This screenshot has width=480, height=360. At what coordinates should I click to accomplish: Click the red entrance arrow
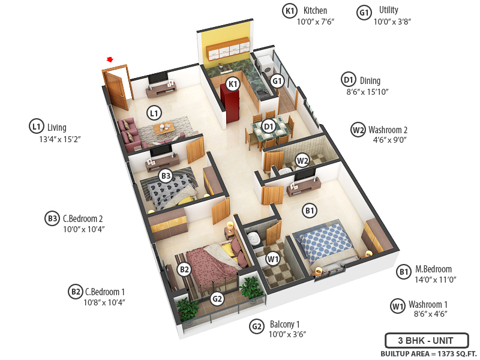click(110, 59)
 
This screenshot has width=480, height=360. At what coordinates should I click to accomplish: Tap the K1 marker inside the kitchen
click(233, 84)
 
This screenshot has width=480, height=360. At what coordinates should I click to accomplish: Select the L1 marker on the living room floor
click(154, 112)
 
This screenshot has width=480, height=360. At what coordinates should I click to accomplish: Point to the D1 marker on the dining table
click(269, 127)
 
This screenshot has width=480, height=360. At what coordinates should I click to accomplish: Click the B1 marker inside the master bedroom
click(310, 211)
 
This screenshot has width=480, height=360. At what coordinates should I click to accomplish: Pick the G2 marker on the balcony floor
click(217, 299)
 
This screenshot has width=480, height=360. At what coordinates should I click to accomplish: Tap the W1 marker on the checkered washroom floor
click(273, 259)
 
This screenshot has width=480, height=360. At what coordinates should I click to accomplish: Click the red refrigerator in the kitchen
click(230, 102)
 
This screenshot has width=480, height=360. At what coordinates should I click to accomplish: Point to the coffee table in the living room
click(163, 128)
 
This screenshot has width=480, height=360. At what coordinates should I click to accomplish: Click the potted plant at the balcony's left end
click(188, 310)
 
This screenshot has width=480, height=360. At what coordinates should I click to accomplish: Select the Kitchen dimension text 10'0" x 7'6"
click(315, 22)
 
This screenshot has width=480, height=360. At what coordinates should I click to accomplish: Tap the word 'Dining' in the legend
click(370, 80)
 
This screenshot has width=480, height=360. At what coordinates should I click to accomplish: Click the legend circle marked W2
click(358, 130)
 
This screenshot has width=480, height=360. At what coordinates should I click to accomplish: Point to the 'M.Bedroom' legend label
click(434, 269)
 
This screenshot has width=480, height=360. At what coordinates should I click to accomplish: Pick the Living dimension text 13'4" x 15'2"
click(59, 139)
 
